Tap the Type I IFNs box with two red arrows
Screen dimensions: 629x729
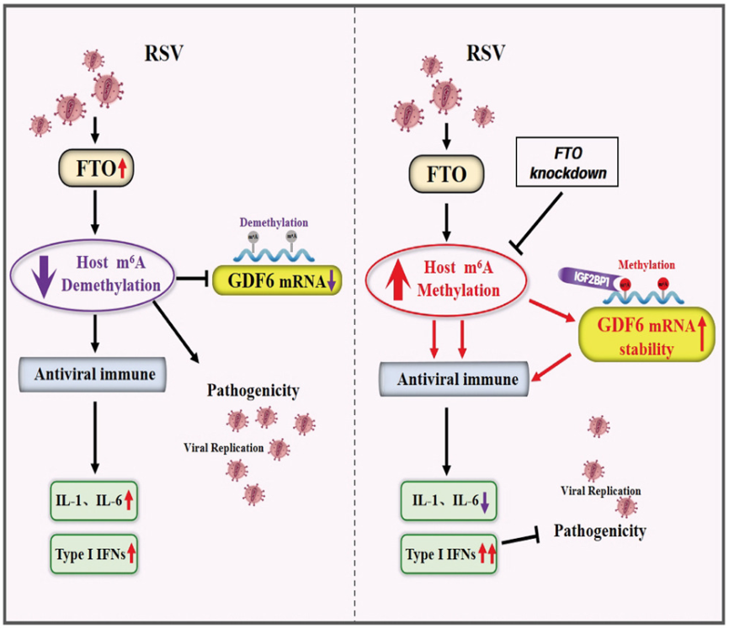click(448, 554)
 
